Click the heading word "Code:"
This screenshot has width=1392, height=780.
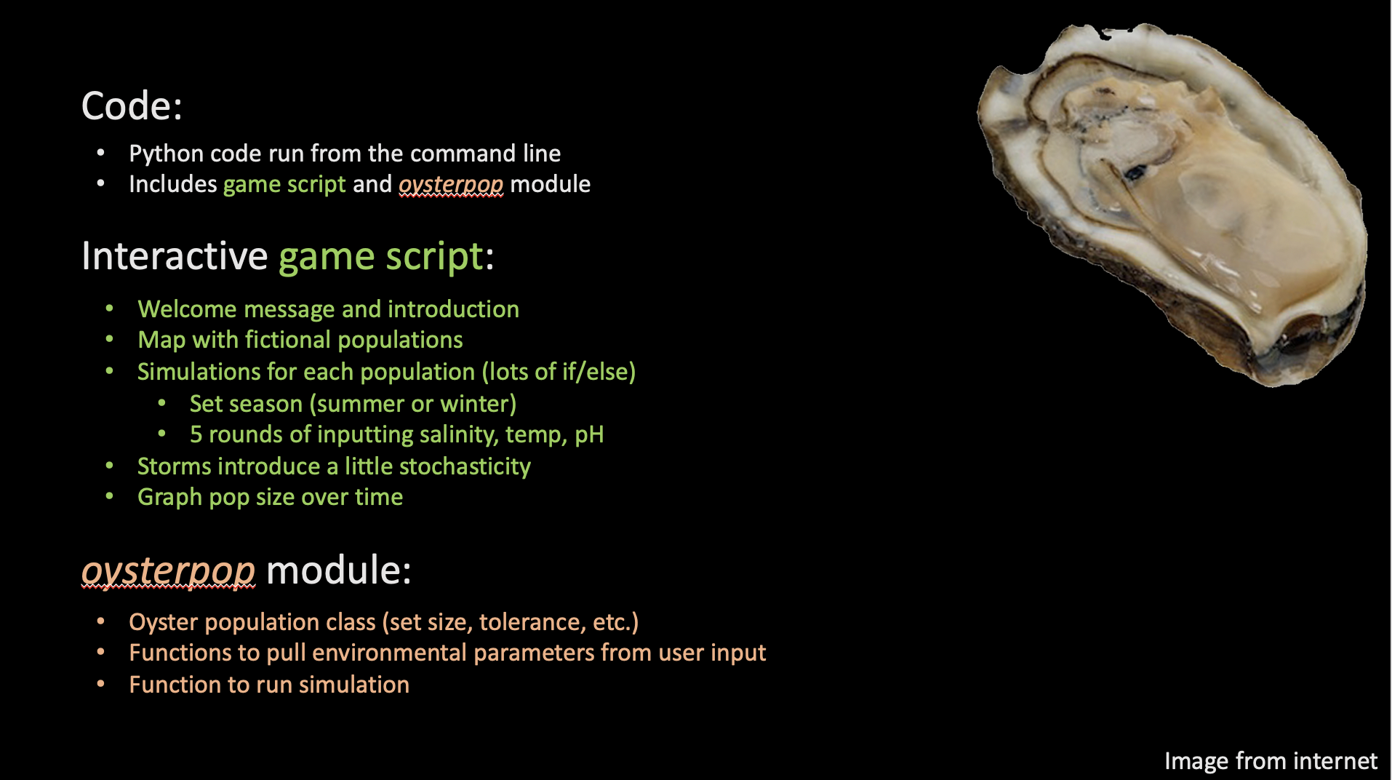pos(132,106)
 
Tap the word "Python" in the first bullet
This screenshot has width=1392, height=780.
pos(166,154)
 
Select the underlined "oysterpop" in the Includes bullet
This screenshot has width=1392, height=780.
pos(451,185)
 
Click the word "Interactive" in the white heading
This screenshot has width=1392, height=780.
pos(175,256)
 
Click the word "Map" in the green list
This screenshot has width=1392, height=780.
pos(161,341)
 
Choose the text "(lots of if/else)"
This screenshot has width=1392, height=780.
pos(559,372)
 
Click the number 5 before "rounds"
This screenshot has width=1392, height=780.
pos(196,435)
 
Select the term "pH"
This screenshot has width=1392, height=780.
pos(589,435)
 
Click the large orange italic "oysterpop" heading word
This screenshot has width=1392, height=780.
pos(168,570)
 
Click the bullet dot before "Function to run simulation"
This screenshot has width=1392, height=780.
pos(101,684)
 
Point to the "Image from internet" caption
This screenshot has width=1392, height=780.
pos(1271,761)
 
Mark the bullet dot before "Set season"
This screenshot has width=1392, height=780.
pos(162,403)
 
